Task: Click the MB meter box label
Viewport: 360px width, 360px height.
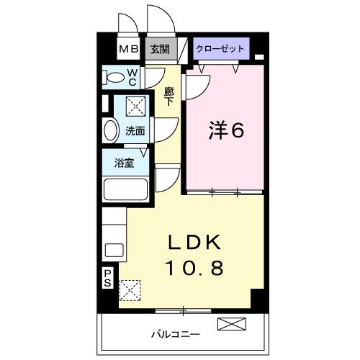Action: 129,50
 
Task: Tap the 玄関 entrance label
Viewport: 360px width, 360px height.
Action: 159,50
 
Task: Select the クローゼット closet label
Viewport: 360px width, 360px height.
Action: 220,49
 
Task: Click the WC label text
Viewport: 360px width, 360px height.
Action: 134,76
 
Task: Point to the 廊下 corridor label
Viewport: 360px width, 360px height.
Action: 169,96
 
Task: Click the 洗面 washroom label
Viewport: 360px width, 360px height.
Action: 135,130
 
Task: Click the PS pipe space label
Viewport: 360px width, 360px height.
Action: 107,277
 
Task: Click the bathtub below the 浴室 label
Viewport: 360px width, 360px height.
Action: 125,189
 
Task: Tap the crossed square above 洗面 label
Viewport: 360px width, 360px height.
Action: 135,107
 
